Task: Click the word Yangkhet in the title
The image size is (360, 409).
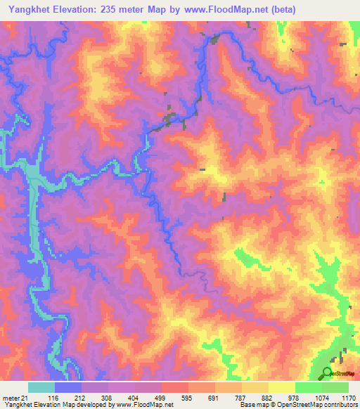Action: pos(31,10)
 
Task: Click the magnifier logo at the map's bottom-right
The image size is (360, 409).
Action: pos(328,373)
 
